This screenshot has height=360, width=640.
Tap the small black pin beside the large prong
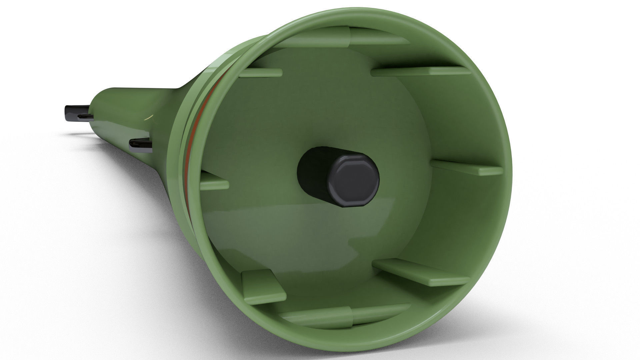pyautogui.click(x=85, y=116)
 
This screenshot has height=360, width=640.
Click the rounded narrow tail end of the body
pyautogui.click(x=100, y=100)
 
